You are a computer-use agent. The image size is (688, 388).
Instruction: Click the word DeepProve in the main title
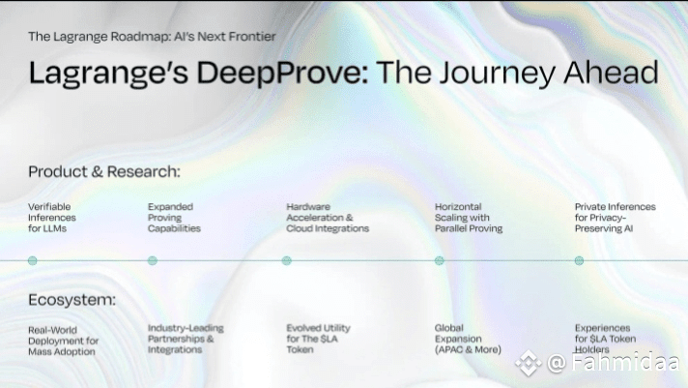(x=282, y=73)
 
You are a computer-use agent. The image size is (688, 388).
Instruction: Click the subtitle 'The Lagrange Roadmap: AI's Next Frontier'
(x=152, y=37)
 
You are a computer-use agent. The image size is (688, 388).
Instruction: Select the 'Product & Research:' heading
(x=104, y=171)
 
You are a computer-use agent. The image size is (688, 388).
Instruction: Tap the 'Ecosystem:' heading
(x=72, y=300)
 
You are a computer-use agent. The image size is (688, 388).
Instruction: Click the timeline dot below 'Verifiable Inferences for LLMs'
(x=33, y=260)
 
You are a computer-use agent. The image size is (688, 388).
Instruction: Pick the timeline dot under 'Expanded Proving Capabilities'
(x=153, y=260)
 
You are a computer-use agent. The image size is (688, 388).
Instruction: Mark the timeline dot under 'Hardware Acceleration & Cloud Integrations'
(x=287, y=260)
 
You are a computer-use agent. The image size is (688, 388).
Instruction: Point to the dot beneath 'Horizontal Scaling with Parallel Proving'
(x=440, y=260)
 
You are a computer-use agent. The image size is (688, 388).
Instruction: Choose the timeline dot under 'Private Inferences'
(x=579, y=260)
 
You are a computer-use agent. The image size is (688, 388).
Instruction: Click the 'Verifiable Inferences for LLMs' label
(x=52, y=218)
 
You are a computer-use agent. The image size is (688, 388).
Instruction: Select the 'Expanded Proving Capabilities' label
(x=174, y=218)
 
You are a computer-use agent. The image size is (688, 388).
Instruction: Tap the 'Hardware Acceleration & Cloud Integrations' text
(x=328, y=218)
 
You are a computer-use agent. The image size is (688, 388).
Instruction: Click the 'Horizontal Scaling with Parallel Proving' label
(x=469, y=218)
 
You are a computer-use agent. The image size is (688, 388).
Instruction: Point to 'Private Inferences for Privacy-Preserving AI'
(x=616, y=218)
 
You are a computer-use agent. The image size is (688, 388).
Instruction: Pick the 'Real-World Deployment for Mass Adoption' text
(x=63, y=341)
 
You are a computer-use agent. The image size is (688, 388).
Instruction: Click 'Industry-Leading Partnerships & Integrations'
(x=186, y=339)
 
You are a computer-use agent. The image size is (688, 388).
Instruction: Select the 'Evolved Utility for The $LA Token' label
(x=319, y=339)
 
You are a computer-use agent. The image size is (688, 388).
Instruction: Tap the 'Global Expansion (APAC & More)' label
(x=468, y=339)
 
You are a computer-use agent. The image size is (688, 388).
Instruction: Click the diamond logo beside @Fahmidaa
(x=528, y=363)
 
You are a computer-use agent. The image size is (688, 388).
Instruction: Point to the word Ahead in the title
(x=611, y=73)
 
